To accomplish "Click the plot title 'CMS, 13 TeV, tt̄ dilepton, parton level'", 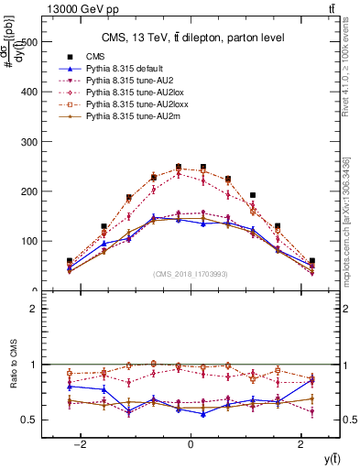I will tap(190, 38).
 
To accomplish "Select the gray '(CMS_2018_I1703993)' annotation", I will tap(190, 274).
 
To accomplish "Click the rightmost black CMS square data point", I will tap(311, 261).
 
